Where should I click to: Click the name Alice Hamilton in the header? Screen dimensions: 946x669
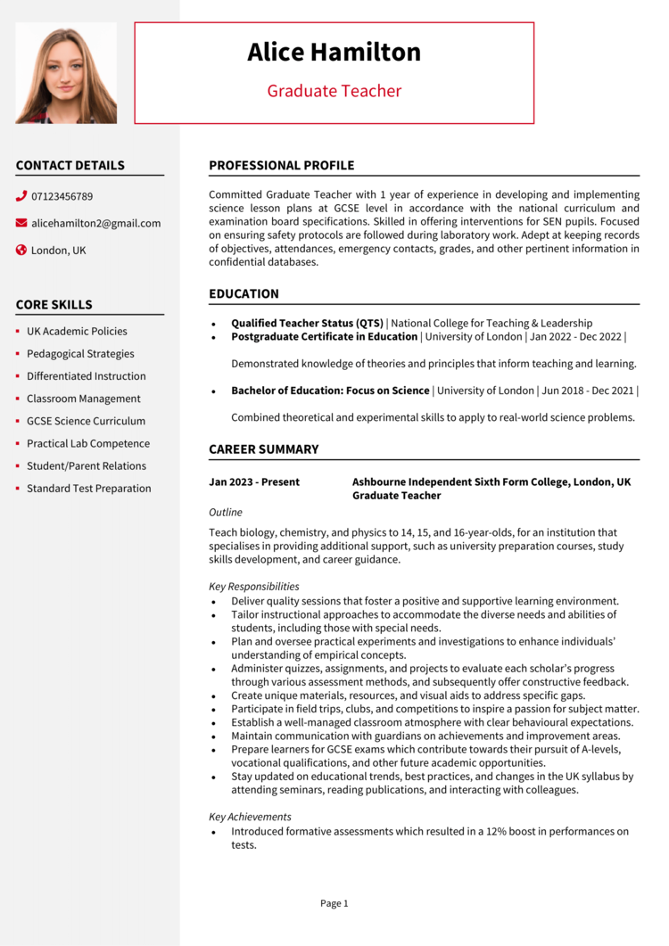(x=334, y=53)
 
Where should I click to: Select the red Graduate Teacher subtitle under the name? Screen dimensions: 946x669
(x=334, y=91)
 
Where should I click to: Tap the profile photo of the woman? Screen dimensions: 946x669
(x=66, y=73)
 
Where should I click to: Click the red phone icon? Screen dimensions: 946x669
(x=21, y=196)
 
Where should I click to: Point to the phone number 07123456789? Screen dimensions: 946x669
(x=62, y=196)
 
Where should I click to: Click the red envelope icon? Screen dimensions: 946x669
(x=21, y=223)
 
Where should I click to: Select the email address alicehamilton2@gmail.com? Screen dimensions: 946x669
(x=95, y=223)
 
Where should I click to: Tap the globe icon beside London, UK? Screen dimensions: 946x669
(x=21, y=251)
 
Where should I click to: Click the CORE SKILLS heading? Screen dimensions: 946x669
(x=54, y=305)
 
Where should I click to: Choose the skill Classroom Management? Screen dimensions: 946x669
(x=83, y=399)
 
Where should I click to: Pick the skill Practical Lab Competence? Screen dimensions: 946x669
(x=87, y=443)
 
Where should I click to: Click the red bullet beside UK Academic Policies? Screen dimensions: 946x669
(x=18, y=332)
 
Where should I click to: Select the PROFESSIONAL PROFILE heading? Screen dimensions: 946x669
(x=281, y=166)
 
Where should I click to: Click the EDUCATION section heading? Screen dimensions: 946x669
(x=244, y=294)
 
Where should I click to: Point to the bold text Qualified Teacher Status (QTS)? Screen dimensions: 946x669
(x=307, y=323)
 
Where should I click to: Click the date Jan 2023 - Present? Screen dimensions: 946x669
(x=254, y=482)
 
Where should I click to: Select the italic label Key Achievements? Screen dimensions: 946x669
(x=250, y=817)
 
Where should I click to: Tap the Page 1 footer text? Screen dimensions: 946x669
(x=334, y=903)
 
